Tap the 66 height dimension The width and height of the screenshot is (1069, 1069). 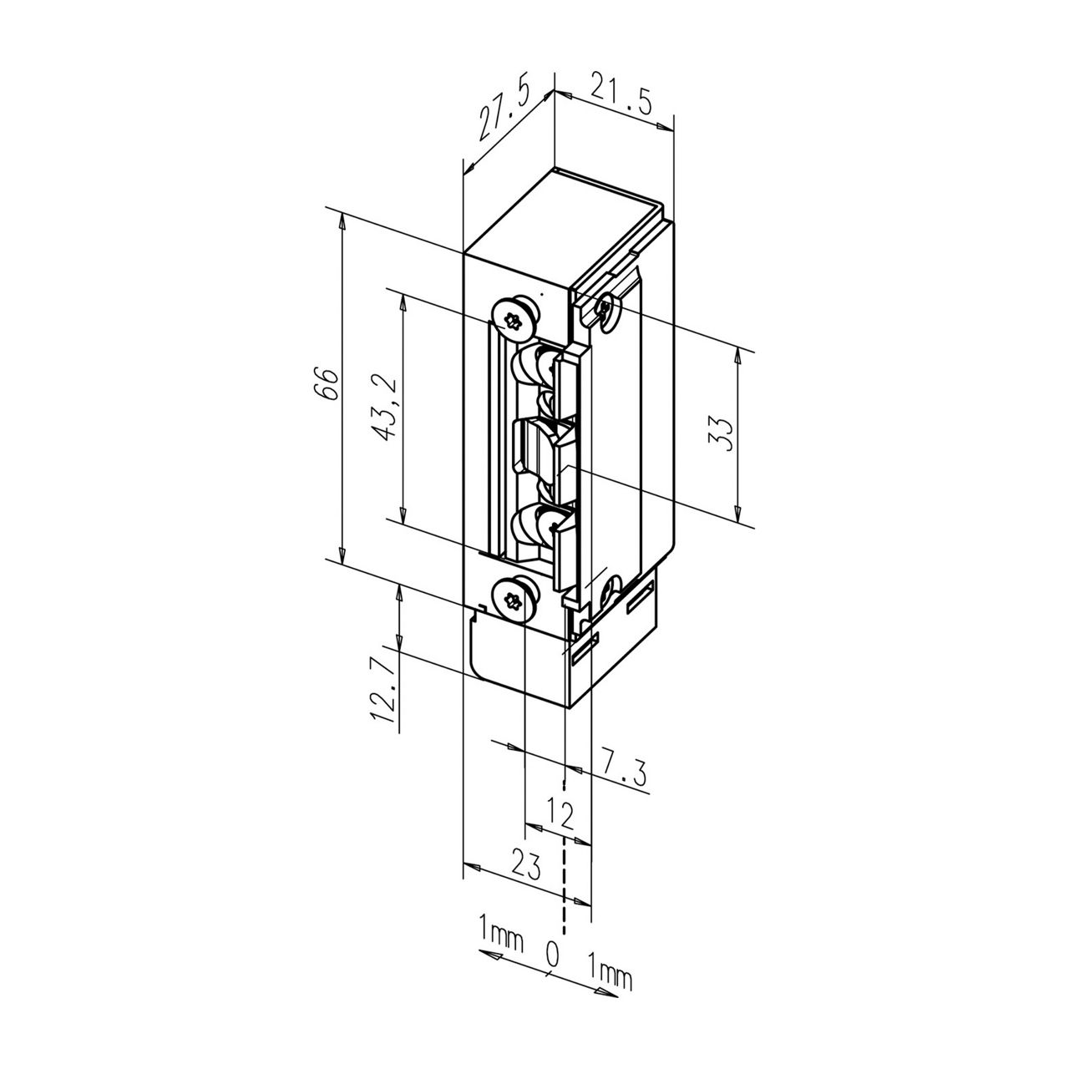pos(328,384)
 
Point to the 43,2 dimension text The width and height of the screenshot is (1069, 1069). pos(385,407)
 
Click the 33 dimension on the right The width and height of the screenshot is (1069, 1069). pos(722,433)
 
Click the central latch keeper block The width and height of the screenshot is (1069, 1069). pos(543,447)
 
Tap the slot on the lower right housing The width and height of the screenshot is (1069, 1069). pos(641,599)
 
